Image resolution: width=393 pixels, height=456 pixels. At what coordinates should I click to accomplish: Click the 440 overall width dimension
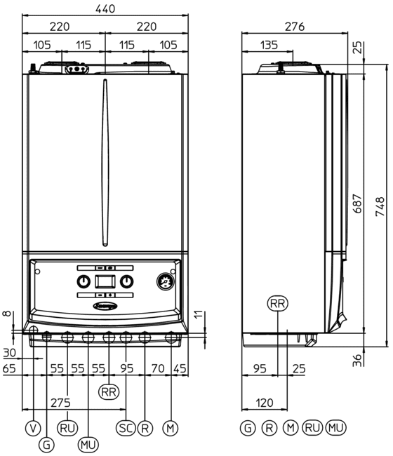(x=105, y=8)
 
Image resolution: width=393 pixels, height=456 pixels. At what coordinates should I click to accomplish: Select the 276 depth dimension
(x=295, y=27)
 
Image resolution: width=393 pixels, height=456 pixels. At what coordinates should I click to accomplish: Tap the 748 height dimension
(x=380, y=206)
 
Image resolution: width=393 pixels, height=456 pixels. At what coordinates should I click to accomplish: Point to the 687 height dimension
(x=358, y=203)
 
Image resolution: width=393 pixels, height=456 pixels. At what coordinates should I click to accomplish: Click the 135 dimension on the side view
(x=269, y=45)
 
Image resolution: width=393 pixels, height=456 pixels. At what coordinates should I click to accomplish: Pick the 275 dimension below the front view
(x=60, y=403)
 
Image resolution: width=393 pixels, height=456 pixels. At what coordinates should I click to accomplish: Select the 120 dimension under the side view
(x=265, y=403)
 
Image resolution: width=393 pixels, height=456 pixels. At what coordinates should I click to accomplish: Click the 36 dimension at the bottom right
(x=358, y=360)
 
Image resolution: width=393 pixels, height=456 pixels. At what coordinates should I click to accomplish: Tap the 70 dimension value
(x=158, y=368)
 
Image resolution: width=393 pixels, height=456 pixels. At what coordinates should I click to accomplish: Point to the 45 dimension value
(x=180, y=368)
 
